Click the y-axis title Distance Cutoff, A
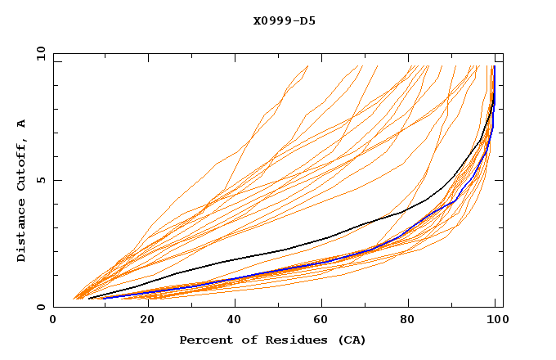point(21,190)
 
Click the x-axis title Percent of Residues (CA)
point(273,340)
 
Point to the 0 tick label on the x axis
point(53,321)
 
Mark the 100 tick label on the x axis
point(496,321)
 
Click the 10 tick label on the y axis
point(40,53)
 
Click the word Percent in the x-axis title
point(205,340)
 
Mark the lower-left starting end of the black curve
point(88,299)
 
